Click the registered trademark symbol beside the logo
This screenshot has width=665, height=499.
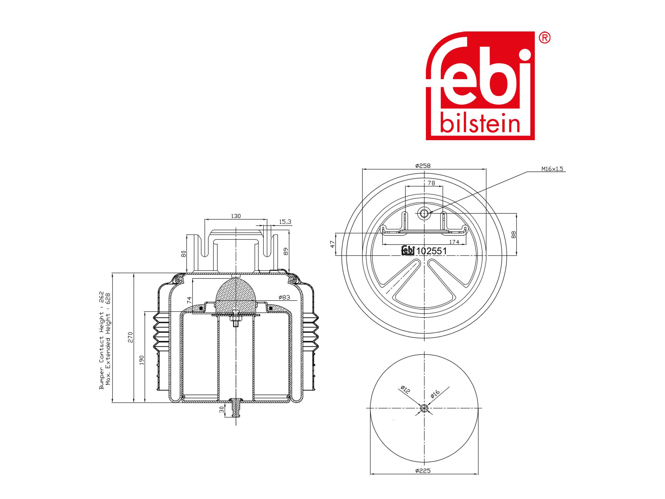545,38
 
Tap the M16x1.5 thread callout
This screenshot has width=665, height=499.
552,169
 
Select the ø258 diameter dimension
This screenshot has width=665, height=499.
423,166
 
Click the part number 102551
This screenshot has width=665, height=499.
431,251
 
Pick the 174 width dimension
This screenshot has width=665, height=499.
454,242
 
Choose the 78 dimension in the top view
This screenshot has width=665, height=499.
431,183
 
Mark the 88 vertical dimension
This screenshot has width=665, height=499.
513,234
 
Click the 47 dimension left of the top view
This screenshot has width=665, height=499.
332,244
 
